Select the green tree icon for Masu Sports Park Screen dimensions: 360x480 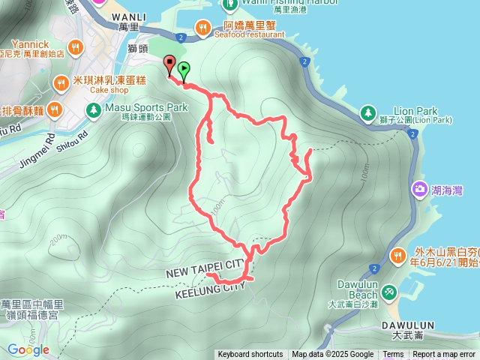(x=93, y=111)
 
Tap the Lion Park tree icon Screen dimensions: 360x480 (x=367, y=112)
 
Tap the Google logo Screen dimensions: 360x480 (x=28, y=349)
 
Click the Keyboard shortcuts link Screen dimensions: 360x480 (x=250, y=355)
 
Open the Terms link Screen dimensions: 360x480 (x=393, y=355)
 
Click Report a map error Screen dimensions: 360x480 (x=444, y=355)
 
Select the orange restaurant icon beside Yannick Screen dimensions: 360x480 (x=74, y=49)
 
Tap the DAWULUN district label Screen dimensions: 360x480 (x=408, y=325)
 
